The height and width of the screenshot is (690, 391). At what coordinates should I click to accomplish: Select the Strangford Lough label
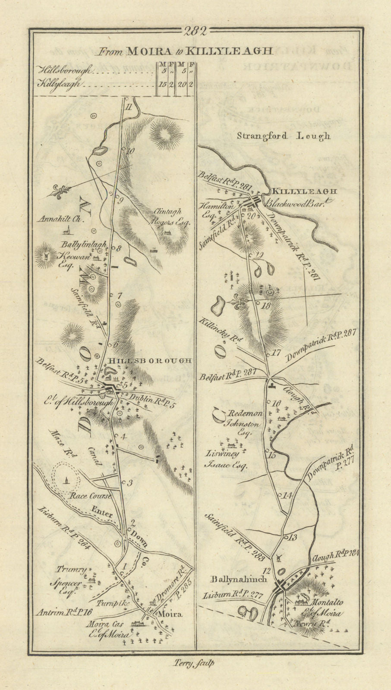(284, 136)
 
